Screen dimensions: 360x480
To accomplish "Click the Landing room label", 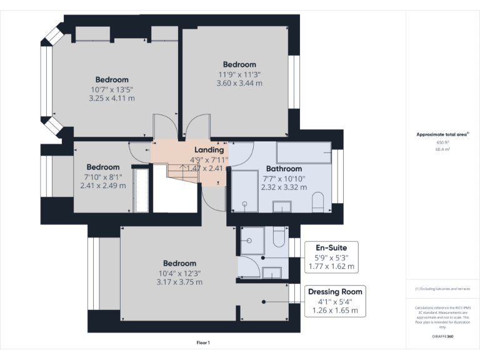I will (209, 150).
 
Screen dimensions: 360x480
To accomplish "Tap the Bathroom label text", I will (284, 169).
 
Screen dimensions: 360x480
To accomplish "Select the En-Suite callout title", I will (332, 247).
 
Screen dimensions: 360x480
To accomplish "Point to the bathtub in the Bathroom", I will (303, 152).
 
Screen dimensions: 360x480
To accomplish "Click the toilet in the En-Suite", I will (279, 237).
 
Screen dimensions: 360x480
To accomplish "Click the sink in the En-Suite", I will (272, 272).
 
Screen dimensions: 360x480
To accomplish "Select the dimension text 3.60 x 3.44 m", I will (239, 83).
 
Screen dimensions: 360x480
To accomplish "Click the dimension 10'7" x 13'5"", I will (112, 89).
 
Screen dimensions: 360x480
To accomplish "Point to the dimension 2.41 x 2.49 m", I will (102, 186).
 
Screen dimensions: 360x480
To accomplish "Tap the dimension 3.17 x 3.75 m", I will (179, 282).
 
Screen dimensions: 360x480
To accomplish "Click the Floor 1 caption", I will (203, 342).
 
